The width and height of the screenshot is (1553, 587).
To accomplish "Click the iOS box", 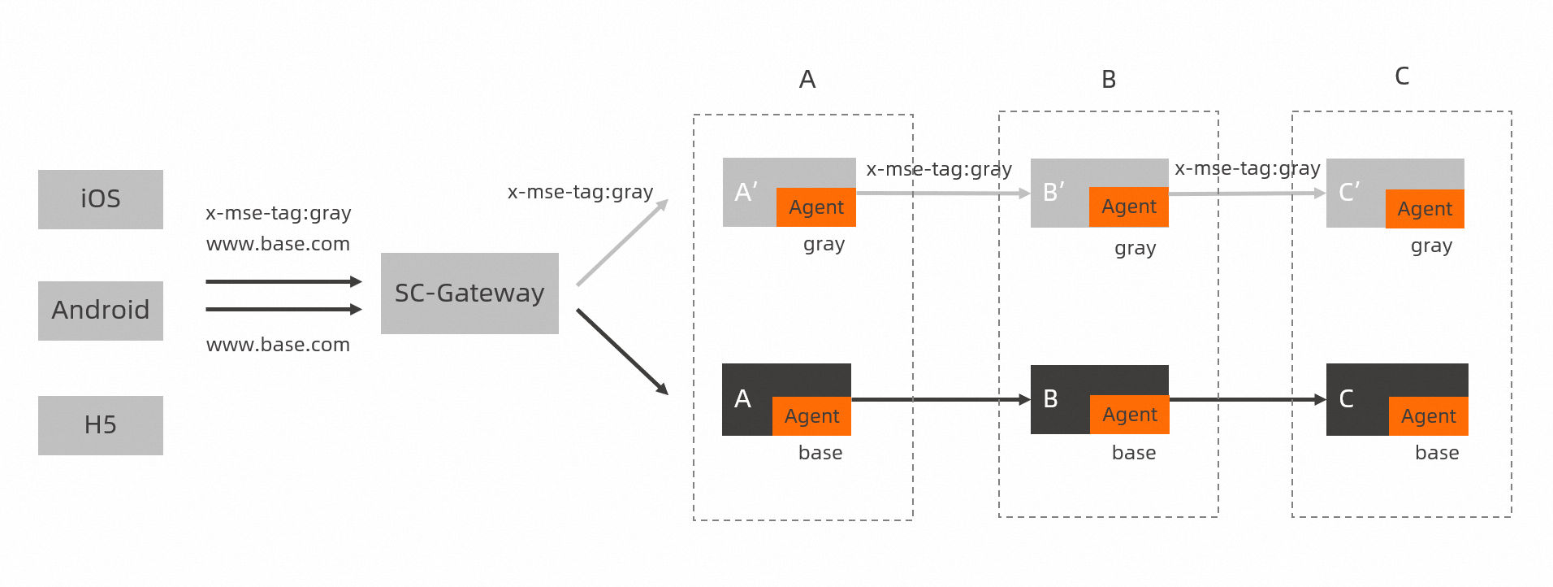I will coord(100,199).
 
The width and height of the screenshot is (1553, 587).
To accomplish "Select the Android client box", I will coord(100,311).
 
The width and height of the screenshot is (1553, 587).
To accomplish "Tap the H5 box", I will coord(100,425).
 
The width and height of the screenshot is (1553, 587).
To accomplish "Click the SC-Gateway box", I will coord(469,293).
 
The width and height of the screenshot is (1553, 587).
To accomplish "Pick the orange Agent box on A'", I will coord(815,207).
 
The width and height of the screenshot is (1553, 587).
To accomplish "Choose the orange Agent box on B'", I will coord(1128,207).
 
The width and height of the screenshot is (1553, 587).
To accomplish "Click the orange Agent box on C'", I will coord(1424,209).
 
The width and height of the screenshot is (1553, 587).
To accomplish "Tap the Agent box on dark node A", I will coord(811,416).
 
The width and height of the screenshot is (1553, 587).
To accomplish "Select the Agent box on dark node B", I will coord(1129,415).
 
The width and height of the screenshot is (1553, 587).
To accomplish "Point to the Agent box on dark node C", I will coord(1428,416).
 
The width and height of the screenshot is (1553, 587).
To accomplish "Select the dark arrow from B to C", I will coord(1247,399).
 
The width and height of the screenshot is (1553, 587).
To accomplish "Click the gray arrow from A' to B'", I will coord(942,193).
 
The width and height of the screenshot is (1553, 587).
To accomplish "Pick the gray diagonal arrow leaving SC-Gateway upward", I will coord(622,242).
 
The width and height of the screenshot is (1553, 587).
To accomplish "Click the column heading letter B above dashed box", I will coord(1109,80).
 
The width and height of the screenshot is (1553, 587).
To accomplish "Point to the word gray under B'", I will coord(1135,248).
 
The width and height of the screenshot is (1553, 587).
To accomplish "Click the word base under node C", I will coord(1436,453).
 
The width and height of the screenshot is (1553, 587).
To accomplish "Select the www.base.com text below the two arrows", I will coord(278,345).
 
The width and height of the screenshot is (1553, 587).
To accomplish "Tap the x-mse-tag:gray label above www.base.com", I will coord(278,213).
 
